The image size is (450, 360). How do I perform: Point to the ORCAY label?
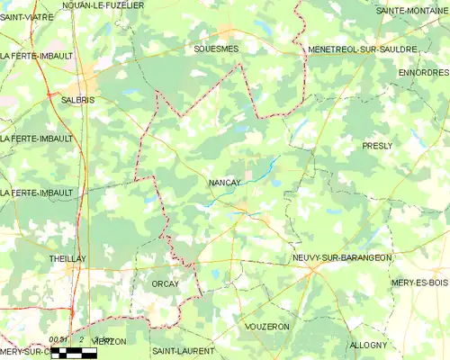pyautogui.click(x=165, y=283)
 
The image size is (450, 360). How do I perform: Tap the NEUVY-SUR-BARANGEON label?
pyautogui.click(x=342, y=257)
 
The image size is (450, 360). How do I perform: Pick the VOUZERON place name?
pyautogui.click(x=266, y=326)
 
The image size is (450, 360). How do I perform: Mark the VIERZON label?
pyautogui.click(x=107, y=342)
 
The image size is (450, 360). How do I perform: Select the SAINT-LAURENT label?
pyautogui.click(x=183, y=350)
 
